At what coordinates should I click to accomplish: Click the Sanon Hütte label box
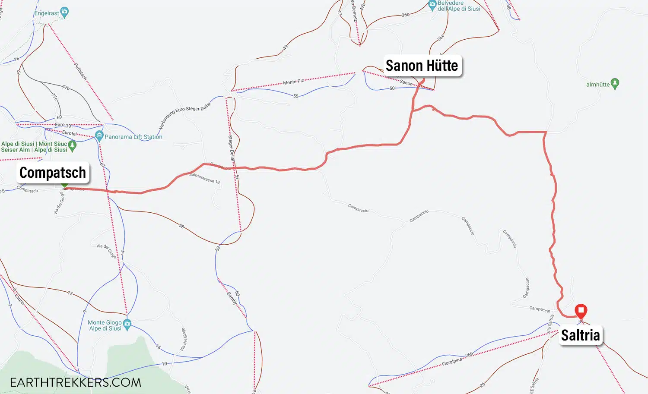coord(422,66)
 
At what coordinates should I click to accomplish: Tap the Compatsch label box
coord(53,173)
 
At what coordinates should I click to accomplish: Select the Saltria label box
coord(580,335)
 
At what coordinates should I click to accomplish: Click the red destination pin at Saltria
coord(581,310)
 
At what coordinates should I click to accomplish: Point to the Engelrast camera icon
coord(64,12)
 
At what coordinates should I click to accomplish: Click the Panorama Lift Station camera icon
coord(99,136)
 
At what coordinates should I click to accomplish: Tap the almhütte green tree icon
coord(615,84)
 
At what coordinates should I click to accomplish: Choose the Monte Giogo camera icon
coord(127,324)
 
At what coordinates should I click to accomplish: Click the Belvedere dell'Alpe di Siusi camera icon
coord(432,5)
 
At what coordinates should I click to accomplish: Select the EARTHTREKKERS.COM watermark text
coord(75,382)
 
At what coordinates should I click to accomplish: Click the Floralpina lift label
coord(452,362)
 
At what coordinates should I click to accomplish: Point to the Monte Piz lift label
coord(293,82)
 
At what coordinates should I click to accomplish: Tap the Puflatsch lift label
coord(81,71)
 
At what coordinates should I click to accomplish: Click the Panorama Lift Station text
coord(133,137)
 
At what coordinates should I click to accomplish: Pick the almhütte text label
coord(598,85)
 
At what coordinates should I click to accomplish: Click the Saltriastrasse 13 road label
coord(205,178)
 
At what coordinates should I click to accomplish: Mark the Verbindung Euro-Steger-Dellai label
coord(185,115)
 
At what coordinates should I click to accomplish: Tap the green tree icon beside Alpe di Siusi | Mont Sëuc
coord(72,145)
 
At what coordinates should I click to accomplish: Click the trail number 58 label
coord(181,226)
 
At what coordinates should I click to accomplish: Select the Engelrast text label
coord(47,13)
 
